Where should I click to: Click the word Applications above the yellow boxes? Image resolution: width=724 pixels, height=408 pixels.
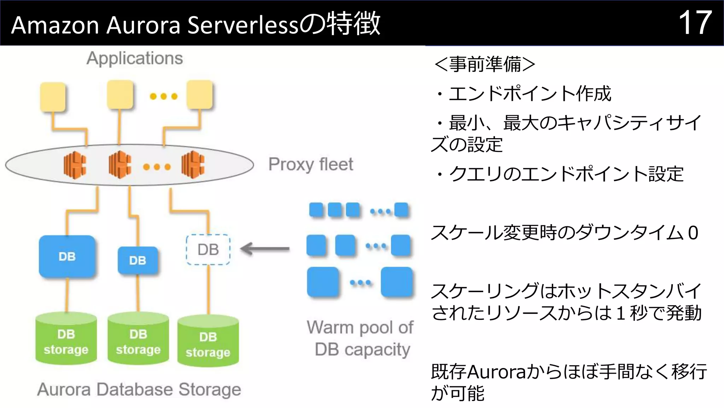tap(135, 58)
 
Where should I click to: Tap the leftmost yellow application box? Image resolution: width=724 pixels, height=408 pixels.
tap(53, 97)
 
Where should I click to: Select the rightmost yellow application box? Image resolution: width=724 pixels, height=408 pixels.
tap(200, 95)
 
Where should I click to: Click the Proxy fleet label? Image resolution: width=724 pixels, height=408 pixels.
tap(310, 164)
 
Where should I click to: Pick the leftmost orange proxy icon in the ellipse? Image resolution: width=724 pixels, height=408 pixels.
tap(75, 165)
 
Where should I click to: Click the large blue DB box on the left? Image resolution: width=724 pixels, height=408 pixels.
tap(67, 256)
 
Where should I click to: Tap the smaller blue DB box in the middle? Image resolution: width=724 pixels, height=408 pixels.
tap(138, 261)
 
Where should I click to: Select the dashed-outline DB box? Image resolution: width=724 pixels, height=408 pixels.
tap(208, 250)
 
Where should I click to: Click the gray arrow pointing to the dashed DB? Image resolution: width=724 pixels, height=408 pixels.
tap(265, 249)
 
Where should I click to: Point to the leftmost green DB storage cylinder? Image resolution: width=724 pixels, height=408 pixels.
tap(66, 339)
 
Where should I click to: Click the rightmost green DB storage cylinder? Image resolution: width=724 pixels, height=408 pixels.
tap(208, 341)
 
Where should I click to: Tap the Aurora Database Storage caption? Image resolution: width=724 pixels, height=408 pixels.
tap(139, 390)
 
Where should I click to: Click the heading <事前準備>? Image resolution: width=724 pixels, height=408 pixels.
tap(485, 64)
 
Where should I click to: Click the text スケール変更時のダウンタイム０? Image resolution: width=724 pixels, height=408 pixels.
tap(564, 233)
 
